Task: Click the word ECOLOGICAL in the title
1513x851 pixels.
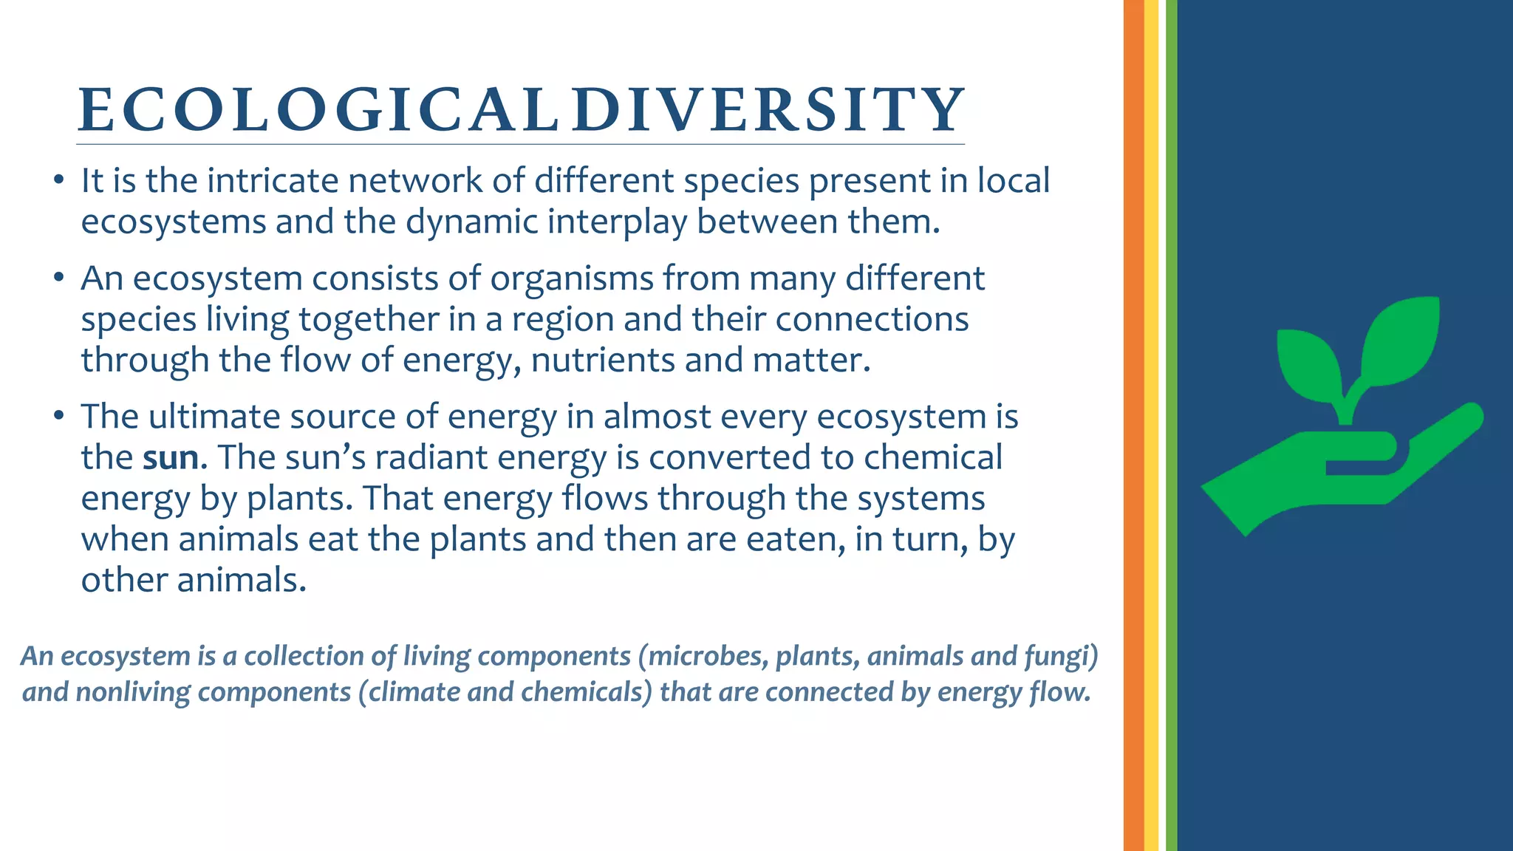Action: pyautogui.click(x=316, y=110)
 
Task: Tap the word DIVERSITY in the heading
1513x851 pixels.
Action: pyautogui.click(x=768, y=110)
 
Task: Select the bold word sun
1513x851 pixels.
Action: pyautogui.click(x=171, y=457)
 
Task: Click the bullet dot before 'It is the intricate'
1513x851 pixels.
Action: pyautogui.click(x=58, y=182)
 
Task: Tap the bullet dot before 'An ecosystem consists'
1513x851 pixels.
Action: pyautogui.click(x=58, y=279)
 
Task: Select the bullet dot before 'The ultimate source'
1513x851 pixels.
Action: pyautogui.click(x=58, y=417)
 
